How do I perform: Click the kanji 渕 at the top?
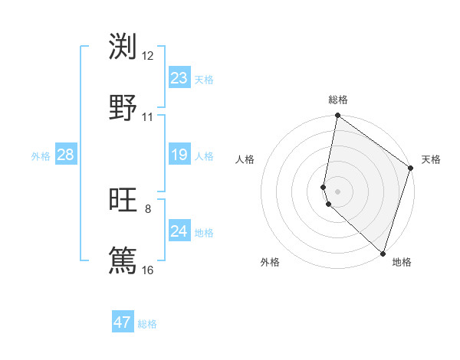click(123, 47)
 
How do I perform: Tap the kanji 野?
click(123, 108)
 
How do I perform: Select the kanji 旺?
click(123, 201)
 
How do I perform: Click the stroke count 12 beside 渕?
click(148, 56)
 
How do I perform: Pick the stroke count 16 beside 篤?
click(148, 270)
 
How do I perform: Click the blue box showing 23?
click(179, 78)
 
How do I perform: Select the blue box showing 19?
click(179, 155)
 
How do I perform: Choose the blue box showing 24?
click(179, 231)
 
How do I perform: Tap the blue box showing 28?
click(66, 155)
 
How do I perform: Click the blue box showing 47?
click(123, 322)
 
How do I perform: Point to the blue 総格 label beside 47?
click(147, 324)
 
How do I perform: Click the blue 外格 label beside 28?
click(41, 156)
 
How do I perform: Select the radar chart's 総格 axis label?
click(338, 100)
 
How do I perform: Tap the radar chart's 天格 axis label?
click(431, 159)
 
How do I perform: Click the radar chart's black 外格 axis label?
click(270, 262)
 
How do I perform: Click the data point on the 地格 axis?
click(383, 253)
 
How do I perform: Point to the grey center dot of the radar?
click(338, 191)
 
